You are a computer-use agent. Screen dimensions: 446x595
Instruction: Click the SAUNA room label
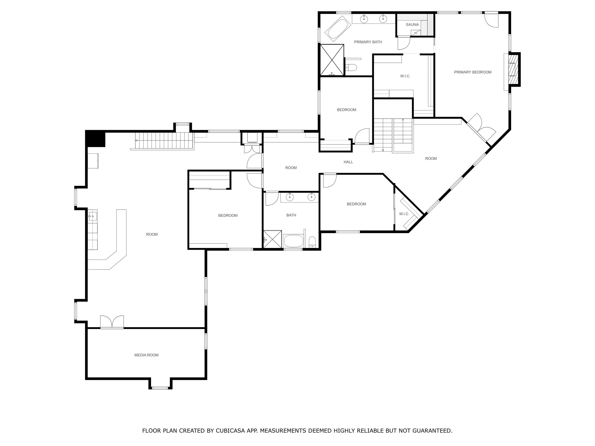tap(412, 24)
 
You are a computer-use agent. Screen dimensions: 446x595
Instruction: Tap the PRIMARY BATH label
tap(368, 42)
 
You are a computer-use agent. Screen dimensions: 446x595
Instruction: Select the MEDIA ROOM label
tap(146, 355)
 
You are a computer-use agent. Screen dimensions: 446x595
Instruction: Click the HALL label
tap(348, 162)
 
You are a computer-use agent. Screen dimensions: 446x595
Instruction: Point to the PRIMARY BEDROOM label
tap(472, 72)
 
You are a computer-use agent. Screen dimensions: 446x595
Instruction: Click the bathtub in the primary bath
tap(338, 29)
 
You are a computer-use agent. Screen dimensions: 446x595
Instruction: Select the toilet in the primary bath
tap(351, 67)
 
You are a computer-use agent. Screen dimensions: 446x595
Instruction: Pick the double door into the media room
tap(112, 322)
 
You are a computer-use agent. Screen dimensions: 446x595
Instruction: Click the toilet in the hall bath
tap(312, 242)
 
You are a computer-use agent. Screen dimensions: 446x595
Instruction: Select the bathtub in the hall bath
tap(293, 241)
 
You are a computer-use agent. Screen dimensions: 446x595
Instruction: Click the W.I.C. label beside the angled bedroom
tap(404, 214)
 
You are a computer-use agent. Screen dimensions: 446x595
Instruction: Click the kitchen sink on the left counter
tap(93, 216)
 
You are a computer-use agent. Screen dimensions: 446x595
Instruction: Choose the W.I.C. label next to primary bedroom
tap(405, 76)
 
